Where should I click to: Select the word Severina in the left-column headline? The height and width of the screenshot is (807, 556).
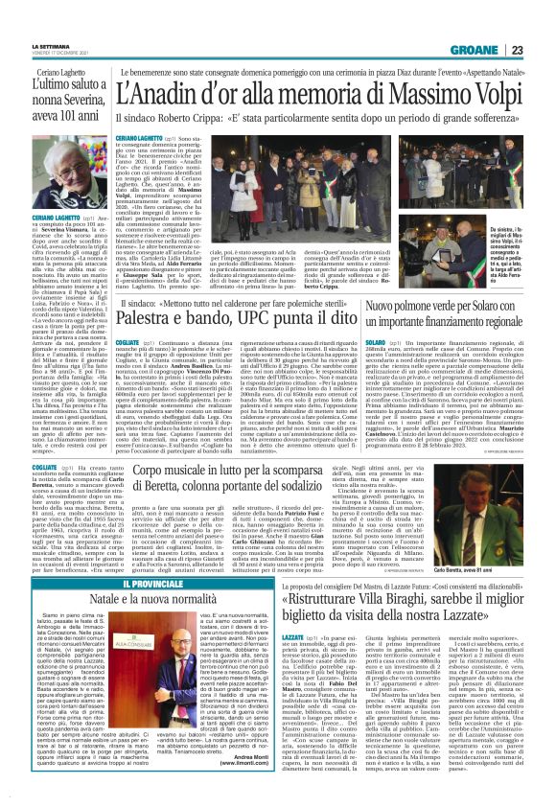pyautogui.click(x=66, y=104)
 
